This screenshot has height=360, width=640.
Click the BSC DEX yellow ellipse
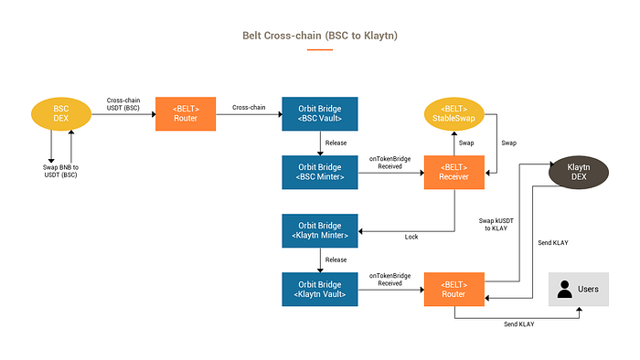pos(61,113)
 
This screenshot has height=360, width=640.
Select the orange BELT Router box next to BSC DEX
pos(186,113)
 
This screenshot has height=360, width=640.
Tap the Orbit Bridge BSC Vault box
pos(320,113)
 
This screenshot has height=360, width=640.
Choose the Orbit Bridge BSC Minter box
pos(320,173)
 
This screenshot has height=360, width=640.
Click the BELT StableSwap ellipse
pos(454,113)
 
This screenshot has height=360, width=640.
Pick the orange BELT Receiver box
pos(454,173)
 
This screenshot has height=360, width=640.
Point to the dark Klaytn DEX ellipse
pos(579,173)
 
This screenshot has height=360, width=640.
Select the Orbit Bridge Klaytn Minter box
pos(320,231)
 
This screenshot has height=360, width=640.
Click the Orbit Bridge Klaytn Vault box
pos(320,290)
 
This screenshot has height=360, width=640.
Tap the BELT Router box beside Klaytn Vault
pos(454,290)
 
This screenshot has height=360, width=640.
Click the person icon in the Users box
pos(565,289)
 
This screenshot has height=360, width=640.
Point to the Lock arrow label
pos(411,237)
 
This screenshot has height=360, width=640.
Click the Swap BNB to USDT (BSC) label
pos(61,171)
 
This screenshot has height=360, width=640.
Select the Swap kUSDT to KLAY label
pos(496,225)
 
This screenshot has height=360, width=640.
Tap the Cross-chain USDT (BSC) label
pos(123,104)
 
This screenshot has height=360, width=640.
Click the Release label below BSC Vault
pos(336,143)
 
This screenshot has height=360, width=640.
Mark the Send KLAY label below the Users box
pos(518,324)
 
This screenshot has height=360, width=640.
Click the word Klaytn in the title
pos(379,36)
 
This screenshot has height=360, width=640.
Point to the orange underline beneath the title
pos(320,49)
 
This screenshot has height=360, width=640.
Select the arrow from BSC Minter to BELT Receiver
pos(391,173)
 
